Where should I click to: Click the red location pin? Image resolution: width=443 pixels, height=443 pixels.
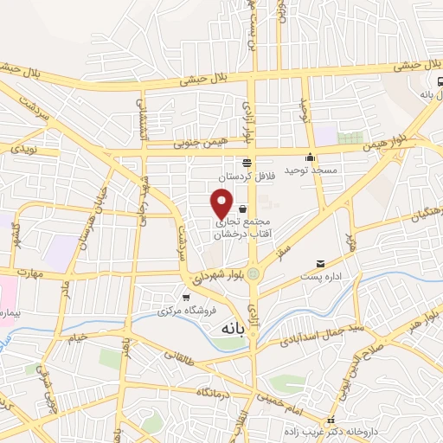click(222, 202)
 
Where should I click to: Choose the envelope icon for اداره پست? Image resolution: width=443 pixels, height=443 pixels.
click(321, 263)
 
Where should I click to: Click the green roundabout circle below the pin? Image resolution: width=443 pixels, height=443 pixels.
click(253, 274)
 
